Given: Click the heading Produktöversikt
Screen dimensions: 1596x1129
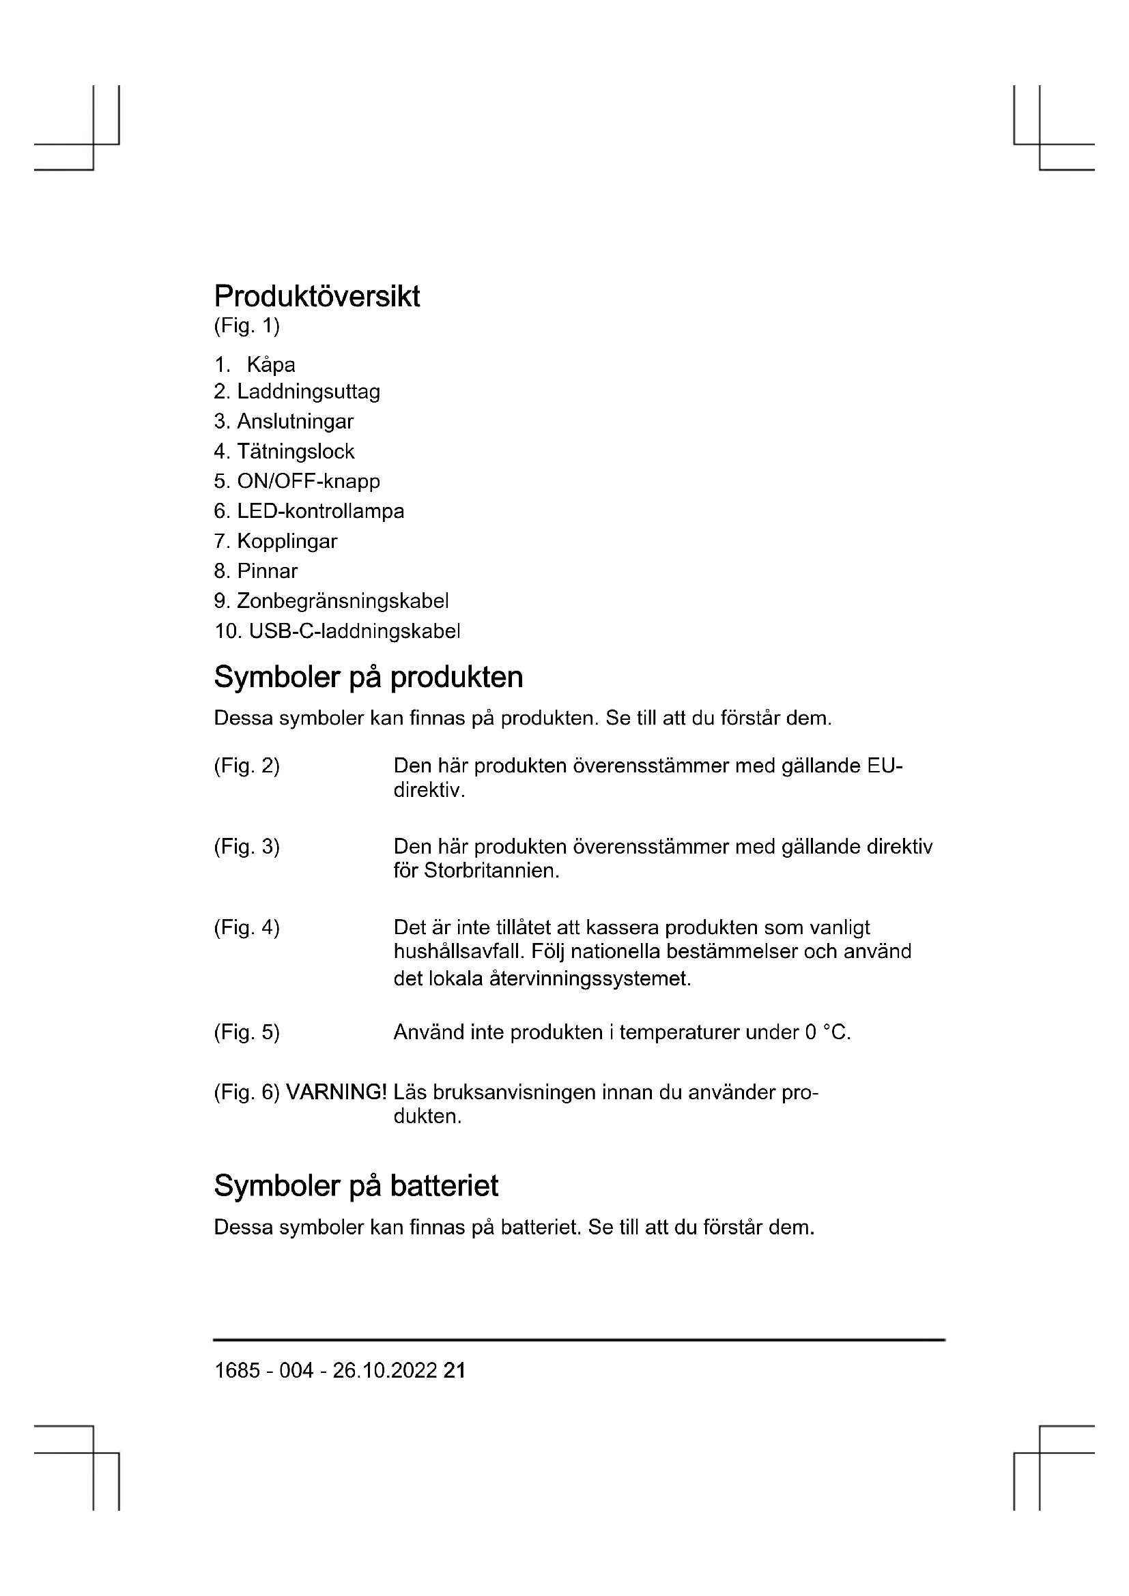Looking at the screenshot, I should click(x=316, y=296).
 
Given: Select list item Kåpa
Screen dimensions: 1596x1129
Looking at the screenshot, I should click(x=270, y=365).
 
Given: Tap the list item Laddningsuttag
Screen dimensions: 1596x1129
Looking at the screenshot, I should click(x=308, y=392).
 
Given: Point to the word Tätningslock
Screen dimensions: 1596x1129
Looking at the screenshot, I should click(x=296, y=452).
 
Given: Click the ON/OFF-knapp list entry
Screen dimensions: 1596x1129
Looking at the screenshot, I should click(x=308, y=481).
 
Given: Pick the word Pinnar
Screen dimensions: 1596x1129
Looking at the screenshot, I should click(x=267, y=571).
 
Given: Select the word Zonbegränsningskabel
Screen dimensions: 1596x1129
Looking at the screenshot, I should click(x=343, y=600).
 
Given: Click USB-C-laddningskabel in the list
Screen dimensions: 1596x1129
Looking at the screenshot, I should click(x=354, y=631).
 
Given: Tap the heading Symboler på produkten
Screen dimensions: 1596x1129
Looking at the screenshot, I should click(x=368, y=677).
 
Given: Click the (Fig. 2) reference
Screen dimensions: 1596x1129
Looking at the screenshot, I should click(x=246, y=766).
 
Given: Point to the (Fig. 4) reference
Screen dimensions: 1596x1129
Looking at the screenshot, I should click(x=246, y=928).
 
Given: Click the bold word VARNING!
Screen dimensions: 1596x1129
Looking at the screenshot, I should click(x=336, y=1092).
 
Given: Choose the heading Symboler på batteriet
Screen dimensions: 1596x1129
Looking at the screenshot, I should click(x=356, y=1186).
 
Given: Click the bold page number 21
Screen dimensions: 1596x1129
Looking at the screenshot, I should click(x=454, y=1370).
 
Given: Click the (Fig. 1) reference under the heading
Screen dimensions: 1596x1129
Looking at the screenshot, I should click(x=246, y=325).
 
